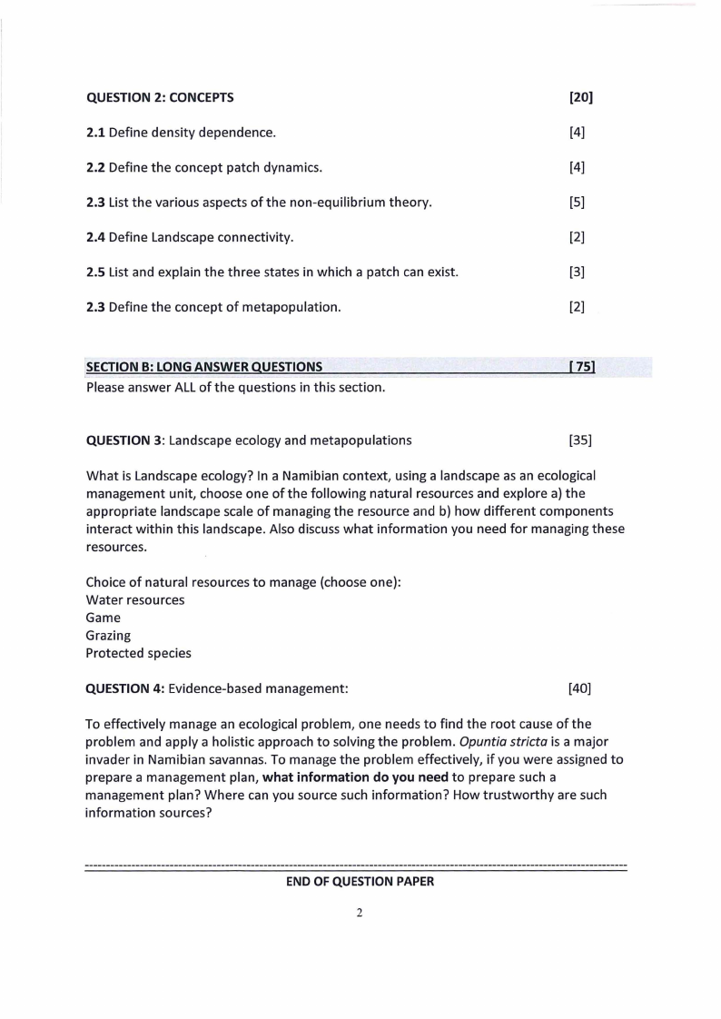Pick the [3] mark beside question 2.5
click(577, 272)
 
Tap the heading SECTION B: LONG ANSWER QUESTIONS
click(203, 367)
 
